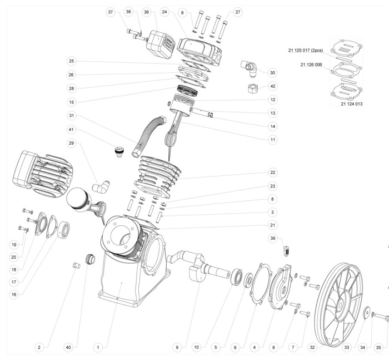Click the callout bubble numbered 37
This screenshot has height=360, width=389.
[x=110, y=12]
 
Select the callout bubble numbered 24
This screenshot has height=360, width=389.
[x=164, y=12]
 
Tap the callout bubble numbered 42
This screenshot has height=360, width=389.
[x=272, y=86]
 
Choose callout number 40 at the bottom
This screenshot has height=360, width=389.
[x=68, y=348]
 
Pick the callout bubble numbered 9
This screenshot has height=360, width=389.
[x=177, y=348]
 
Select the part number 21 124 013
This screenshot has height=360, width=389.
[x=352, y=104]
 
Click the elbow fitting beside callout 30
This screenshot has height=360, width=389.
[x=248, y=68]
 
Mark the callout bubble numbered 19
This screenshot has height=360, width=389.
[x=13, y=244]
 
